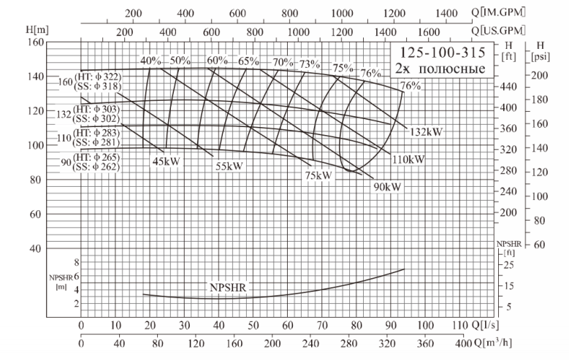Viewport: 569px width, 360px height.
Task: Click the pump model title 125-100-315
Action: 439,53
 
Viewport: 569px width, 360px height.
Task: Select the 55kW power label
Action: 229,166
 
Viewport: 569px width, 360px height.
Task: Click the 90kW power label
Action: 387,186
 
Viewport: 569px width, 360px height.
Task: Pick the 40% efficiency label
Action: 150,61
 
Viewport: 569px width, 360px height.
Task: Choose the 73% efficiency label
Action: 309,64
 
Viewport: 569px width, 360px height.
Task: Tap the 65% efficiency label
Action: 248,61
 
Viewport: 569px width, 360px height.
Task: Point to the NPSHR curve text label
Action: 228,288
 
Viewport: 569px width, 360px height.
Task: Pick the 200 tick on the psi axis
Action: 539,76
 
